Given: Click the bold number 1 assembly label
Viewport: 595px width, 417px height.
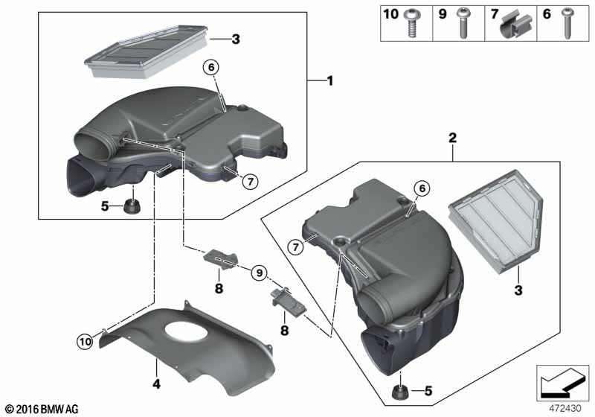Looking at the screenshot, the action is (330, 80).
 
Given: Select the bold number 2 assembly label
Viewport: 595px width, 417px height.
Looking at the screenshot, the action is (452, 138).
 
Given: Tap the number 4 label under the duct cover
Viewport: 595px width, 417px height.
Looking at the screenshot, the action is (156, 384).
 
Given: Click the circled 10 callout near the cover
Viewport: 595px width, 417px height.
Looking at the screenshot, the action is (85, 342).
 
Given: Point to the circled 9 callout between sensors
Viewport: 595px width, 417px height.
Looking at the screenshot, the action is (259, 273).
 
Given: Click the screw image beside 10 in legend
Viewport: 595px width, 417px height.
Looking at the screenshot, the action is (411, 24).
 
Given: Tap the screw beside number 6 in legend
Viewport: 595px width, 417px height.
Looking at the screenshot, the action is (567, 24).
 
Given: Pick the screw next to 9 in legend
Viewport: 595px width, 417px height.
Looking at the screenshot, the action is (463, 24).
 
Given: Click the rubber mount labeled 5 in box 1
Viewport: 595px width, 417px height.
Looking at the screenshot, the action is (132, 207).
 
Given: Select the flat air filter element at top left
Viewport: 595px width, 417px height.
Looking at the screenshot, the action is (146, 51).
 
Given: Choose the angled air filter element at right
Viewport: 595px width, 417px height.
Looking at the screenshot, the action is (496, 221).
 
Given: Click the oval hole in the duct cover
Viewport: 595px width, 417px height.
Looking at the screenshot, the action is (187, 331).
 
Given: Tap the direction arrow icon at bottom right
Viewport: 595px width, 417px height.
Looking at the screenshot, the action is (562, 383).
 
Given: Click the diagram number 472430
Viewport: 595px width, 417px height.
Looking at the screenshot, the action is (565, 408).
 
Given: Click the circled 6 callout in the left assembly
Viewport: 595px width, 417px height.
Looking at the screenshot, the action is (211, 68).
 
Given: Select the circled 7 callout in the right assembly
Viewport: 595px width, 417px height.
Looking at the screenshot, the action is (295, 248).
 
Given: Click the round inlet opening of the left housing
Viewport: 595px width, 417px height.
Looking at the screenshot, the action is (91, 144).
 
